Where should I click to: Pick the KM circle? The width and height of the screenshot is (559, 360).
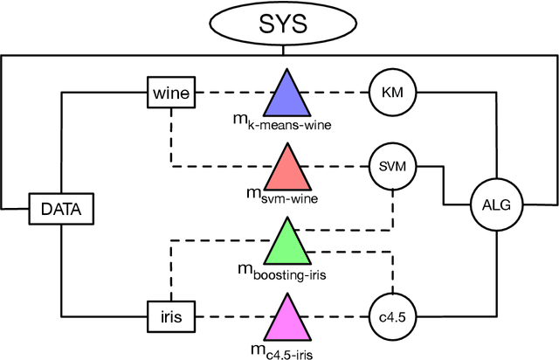(x=392, y=90)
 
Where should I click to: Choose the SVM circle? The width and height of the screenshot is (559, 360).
(x=392, y=165)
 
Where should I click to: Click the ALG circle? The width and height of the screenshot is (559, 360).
(x=496, y=206)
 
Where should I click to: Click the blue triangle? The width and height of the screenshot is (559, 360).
(x=287, y=94)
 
